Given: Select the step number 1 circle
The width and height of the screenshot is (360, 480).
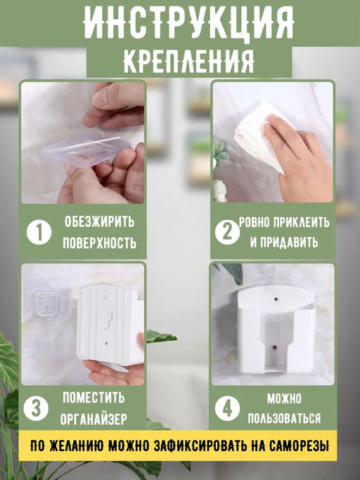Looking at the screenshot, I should pos(39,233).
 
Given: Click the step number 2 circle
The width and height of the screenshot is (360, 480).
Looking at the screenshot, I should pos(226,233).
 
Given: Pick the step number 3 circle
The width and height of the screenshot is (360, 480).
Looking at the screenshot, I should pos(37,408).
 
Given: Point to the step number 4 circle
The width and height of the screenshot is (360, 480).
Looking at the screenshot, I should pos(226,408).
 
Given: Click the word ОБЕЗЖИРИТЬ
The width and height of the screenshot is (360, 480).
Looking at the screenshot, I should pos(100,222).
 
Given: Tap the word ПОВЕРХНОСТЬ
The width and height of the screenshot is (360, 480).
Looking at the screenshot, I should pos(100,243).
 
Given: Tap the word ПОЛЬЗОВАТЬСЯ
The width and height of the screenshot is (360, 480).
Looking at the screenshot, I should pos(284,420).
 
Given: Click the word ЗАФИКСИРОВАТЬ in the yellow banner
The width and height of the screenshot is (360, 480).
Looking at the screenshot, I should pos(199,446).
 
